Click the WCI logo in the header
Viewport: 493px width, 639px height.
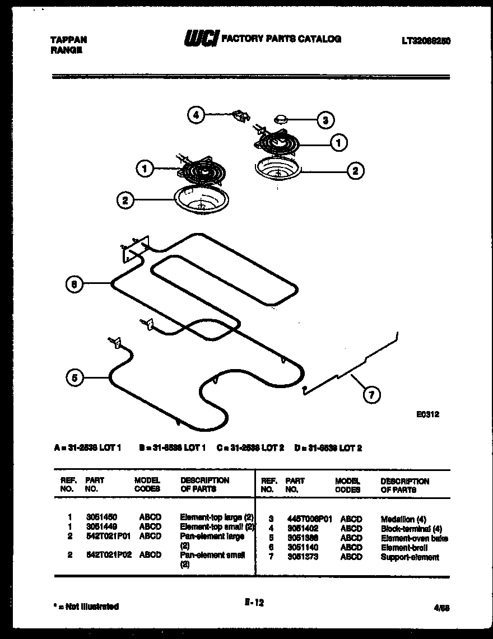201,39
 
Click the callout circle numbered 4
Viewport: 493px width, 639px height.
195,115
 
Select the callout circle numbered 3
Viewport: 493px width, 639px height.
325,119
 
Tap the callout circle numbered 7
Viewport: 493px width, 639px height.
371,395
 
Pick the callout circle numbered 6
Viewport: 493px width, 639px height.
73,284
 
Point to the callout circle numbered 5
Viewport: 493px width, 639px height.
73,378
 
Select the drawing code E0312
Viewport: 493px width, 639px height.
428,415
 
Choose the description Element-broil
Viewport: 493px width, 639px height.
400,548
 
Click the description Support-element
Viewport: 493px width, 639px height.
410,557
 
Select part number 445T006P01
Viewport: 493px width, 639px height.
309,519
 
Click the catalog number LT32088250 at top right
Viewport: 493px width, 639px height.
426,41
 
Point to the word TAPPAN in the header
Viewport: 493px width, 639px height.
68,40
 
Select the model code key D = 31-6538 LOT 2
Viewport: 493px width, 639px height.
328,448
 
